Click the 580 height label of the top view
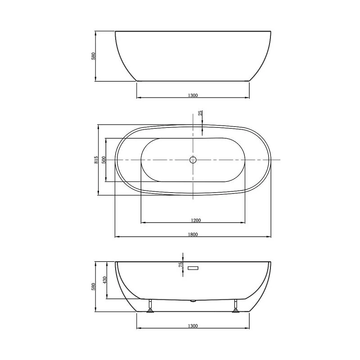[93, 56]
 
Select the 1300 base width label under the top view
[193, 95]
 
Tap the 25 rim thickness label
[200, 113]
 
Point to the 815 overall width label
[96, 160]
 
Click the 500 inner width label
[103, 160]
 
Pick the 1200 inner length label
[196, 220]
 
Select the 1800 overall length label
[193, 234]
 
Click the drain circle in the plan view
[193, 160]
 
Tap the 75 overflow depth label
[181, 265]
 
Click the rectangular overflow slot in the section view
[193, 268]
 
